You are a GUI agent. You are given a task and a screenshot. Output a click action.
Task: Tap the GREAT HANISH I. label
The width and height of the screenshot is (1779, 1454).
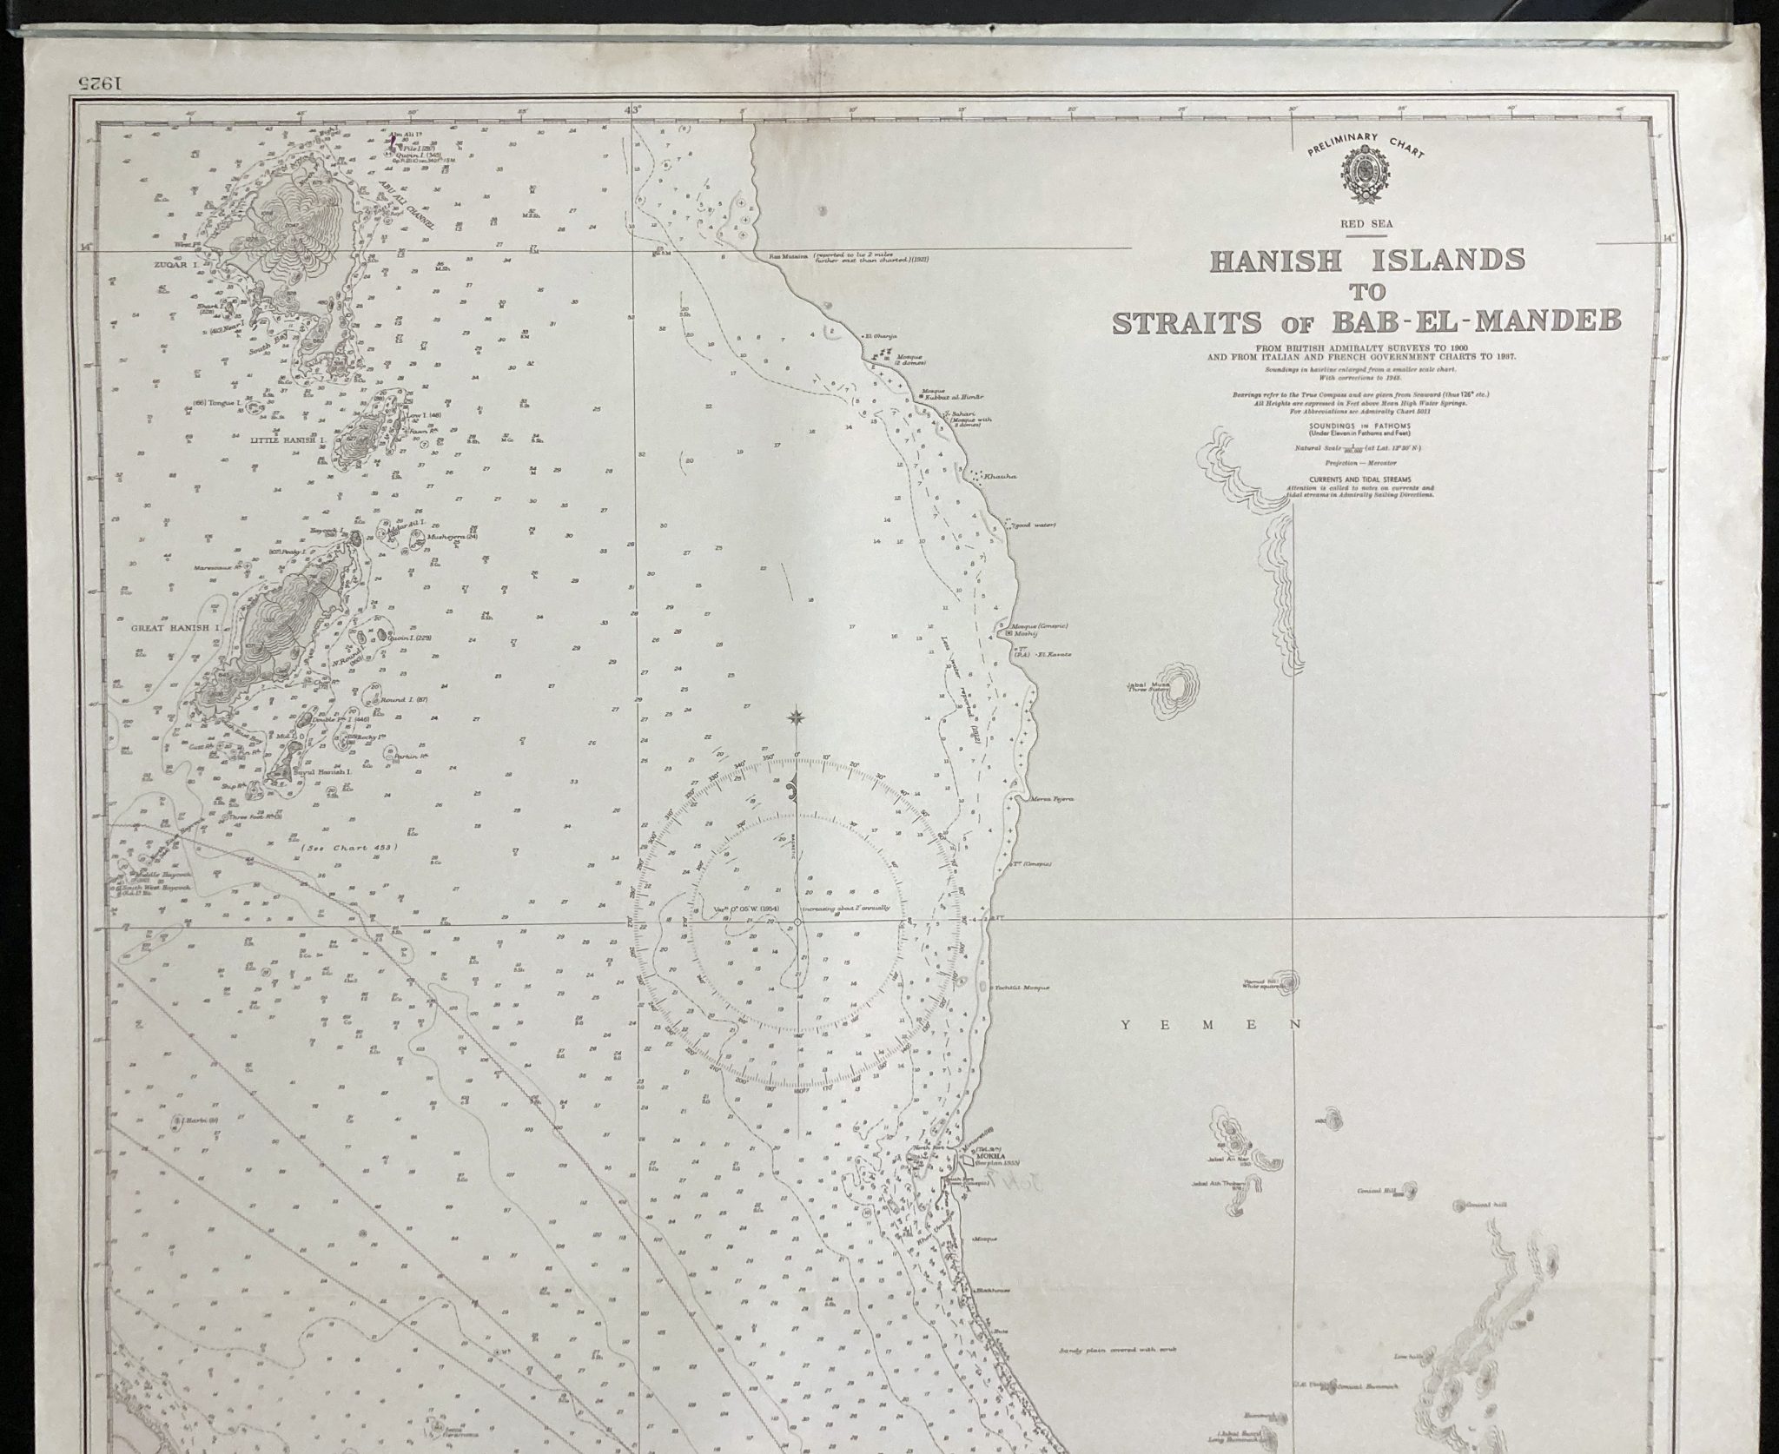[x=174, y=625]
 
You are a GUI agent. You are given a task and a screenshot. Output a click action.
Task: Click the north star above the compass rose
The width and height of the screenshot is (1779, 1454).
[x=795, y=717]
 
